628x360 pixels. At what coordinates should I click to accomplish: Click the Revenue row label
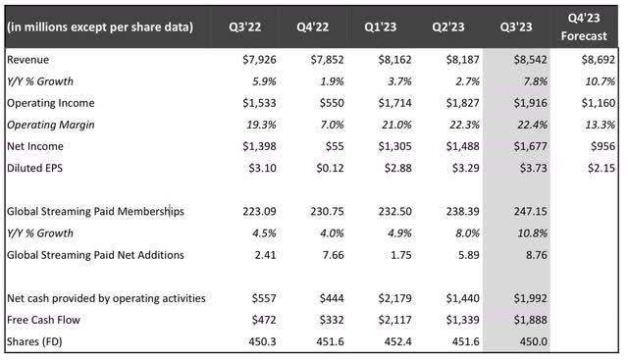click(30, 59)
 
